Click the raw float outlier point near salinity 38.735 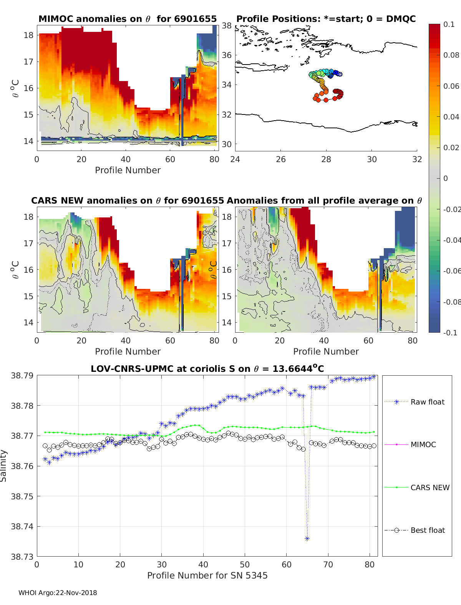pos(307,539)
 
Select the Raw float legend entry pos(427,402)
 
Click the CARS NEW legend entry pos(429,487)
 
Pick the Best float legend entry pos(427,530)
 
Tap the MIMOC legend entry pos(423,444)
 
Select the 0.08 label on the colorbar pos(451,55)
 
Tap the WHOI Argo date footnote pos(58,593)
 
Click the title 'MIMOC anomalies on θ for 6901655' pos(128,19)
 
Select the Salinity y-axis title pos(3,466)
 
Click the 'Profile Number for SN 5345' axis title pos(207,575)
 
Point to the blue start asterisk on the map pos(340,74)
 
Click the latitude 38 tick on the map pos(227,26)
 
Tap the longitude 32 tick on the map pos(417,159)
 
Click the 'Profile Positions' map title pos(326,19)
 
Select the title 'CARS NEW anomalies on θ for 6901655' pos(128,201)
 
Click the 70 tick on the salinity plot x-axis pos(328,564)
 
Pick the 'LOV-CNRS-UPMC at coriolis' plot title pos(207,369)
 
